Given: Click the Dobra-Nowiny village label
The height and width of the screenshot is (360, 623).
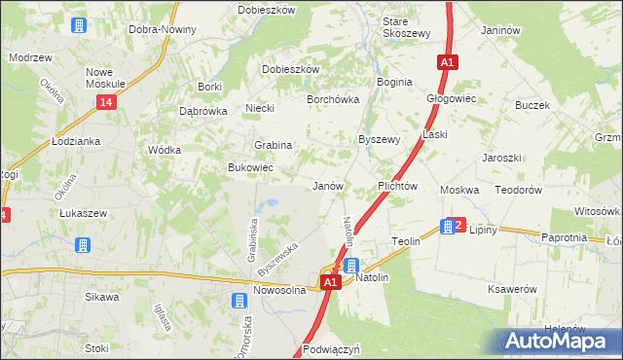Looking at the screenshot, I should point(163,29).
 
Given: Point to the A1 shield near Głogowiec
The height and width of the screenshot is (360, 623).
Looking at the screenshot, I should point(447,62).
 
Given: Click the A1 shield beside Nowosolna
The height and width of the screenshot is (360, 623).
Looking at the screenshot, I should point(330,282).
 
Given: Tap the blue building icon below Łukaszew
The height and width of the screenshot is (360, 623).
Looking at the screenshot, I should point(84,244).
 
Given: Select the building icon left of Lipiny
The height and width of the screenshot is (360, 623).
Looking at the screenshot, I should point(447,227).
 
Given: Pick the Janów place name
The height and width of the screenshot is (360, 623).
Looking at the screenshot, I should point(326,185).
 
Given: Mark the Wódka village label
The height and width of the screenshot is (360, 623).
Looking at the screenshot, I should point(163,151).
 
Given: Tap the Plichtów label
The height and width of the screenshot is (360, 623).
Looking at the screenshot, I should point(397,185).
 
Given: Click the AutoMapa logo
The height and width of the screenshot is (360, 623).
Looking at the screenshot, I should point(561,341).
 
